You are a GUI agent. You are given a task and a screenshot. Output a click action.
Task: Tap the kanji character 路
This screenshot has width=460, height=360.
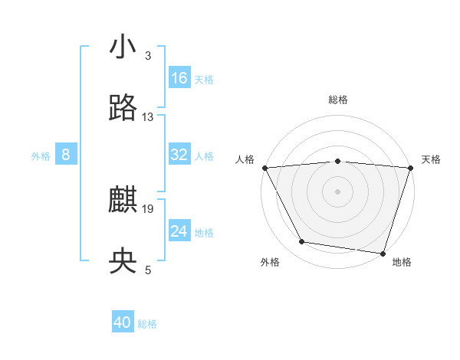[x=123, y=108]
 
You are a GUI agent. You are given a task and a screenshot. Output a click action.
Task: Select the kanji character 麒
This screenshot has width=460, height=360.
[x=123, y=201]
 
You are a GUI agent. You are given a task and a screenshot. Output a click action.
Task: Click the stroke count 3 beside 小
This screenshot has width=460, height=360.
[x=148, y=56]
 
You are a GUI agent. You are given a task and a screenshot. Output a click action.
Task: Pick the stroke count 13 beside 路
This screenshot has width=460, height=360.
[x=148, y=117]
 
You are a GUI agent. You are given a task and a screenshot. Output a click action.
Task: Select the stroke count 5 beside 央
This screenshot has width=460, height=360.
[x=148, y=270]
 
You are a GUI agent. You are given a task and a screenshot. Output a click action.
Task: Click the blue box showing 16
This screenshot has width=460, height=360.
[x=179, y=78]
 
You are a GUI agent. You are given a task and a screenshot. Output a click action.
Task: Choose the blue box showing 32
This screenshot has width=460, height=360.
[x=179, y=155]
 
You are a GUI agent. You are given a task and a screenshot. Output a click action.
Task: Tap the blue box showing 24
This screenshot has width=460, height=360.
[x=179, y=231]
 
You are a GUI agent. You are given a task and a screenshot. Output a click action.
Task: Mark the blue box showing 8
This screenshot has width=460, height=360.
[x=66, y=155]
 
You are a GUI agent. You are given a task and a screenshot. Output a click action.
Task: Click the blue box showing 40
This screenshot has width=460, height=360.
[x=123, y=323]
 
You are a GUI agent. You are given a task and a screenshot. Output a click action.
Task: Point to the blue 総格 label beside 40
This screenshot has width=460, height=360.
[x=148, y=324]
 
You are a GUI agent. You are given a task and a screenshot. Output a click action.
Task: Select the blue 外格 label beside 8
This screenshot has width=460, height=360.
[x=41, y=156]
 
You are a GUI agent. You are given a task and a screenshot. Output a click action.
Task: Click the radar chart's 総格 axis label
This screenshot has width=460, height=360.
[x=338, y=100]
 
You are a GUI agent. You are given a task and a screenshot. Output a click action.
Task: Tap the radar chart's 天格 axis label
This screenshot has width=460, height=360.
[x=431, y=159]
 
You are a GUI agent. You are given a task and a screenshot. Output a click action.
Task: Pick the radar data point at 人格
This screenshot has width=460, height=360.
[x=264, y=167]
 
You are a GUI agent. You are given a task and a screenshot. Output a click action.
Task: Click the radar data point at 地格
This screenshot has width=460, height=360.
[x=383, y=253]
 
